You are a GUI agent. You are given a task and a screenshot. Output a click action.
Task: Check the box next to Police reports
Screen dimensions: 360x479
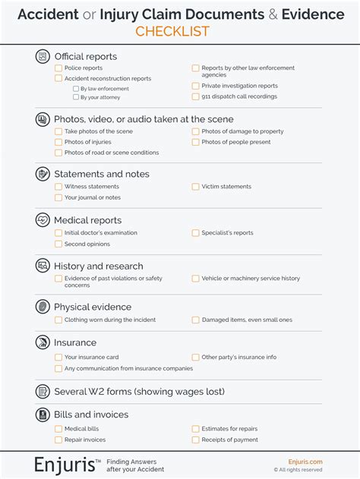coord(58,68)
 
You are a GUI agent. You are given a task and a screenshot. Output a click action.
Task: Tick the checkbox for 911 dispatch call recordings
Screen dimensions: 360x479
coord(195,96)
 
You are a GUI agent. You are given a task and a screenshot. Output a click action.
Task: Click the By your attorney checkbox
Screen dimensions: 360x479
coord(75,97)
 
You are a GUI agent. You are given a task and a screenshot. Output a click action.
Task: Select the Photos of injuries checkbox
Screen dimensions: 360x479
coord(58,142)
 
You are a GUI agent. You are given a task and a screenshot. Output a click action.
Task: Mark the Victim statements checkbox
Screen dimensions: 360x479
coord(195,187)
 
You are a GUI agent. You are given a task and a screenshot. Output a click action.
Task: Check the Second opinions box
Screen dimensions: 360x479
coord(58,244)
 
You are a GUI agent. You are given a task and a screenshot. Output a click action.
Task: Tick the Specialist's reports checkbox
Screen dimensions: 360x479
coord(195,233)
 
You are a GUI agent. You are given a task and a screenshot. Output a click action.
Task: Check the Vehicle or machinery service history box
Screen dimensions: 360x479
coord(195,279)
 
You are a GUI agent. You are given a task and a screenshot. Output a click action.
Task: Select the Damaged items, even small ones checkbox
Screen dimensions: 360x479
coord(195,320)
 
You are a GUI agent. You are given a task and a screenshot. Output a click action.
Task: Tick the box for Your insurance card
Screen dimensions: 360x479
coord(58,358)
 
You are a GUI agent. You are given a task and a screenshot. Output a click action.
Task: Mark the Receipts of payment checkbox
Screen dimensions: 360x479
coord(195,440)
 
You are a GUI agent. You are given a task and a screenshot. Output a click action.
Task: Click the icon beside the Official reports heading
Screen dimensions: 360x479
coord(43,56)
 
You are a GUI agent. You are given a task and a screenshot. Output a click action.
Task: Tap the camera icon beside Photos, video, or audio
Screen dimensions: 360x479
coord(43,119)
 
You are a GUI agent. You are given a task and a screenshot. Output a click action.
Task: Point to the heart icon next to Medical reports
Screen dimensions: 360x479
coord(43,220)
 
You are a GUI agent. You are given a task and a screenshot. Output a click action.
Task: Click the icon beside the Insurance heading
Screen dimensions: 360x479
coord(43,343)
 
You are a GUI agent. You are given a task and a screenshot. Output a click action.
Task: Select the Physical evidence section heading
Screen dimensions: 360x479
coord(92,307)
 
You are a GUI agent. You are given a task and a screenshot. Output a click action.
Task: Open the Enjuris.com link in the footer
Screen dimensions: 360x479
coord(305,462)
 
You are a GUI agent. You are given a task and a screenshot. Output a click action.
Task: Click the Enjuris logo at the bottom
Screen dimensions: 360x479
coord(68,465)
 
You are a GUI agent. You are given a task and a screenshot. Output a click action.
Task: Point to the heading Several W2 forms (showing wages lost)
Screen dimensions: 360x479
coord(139,392)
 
